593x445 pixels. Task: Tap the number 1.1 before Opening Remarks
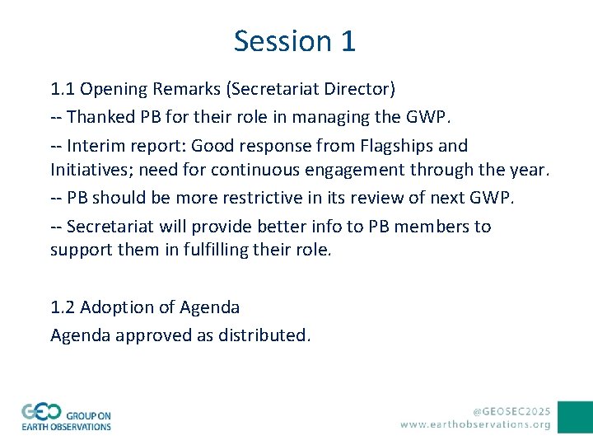click(63, 88)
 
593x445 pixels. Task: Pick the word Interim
click(96, 146)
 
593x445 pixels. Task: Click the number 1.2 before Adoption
click(63, 307)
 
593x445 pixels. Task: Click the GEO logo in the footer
click(67, 416)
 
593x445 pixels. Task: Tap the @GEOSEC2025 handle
click(511, 410)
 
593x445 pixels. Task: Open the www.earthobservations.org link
click(476, 424)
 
